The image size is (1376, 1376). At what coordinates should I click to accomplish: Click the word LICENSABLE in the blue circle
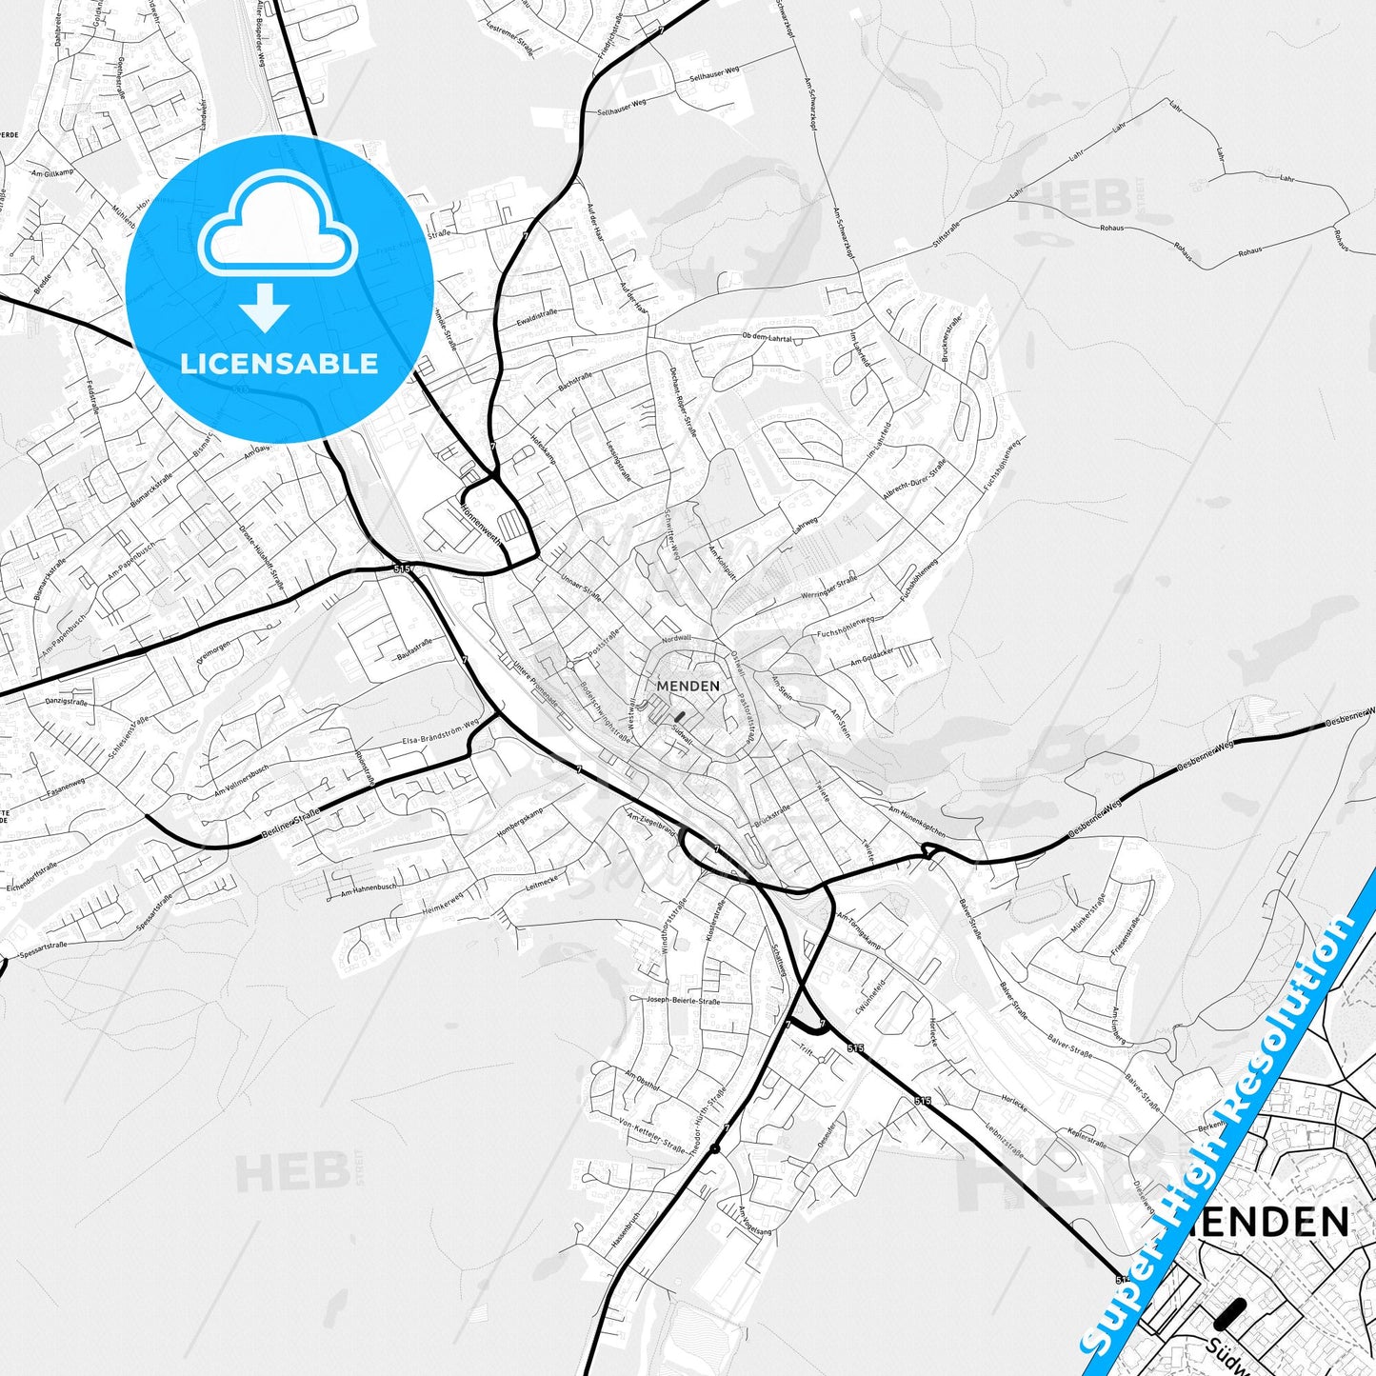click(279, 363)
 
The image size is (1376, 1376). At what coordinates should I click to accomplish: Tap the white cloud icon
click(278, 232)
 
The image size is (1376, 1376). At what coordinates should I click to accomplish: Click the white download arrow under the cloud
click(265, 308)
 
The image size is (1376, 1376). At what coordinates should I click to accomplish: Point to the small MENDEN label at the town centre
click(688, 685)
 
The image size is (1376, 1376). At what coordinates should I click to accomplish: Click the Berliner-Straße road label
click(291, 826)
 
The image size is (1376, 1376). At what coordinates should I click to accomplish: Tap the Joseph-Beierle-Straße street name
click(684, 1001)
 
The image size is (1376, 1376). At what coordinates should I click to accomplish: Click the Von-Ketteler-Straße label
click(651, 1136)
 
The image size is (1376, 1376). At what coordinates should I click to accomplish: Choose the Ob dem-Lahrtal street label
click(767, 337)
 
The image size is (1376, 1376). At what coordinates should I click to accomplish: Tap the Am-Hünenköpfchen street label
click(917, 821)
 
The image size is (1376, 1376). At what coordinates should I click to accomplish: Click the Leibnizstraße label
click(1005, 1139)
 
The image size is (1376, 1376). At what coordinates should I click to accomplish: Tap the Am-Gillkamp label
click(51, 173)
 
